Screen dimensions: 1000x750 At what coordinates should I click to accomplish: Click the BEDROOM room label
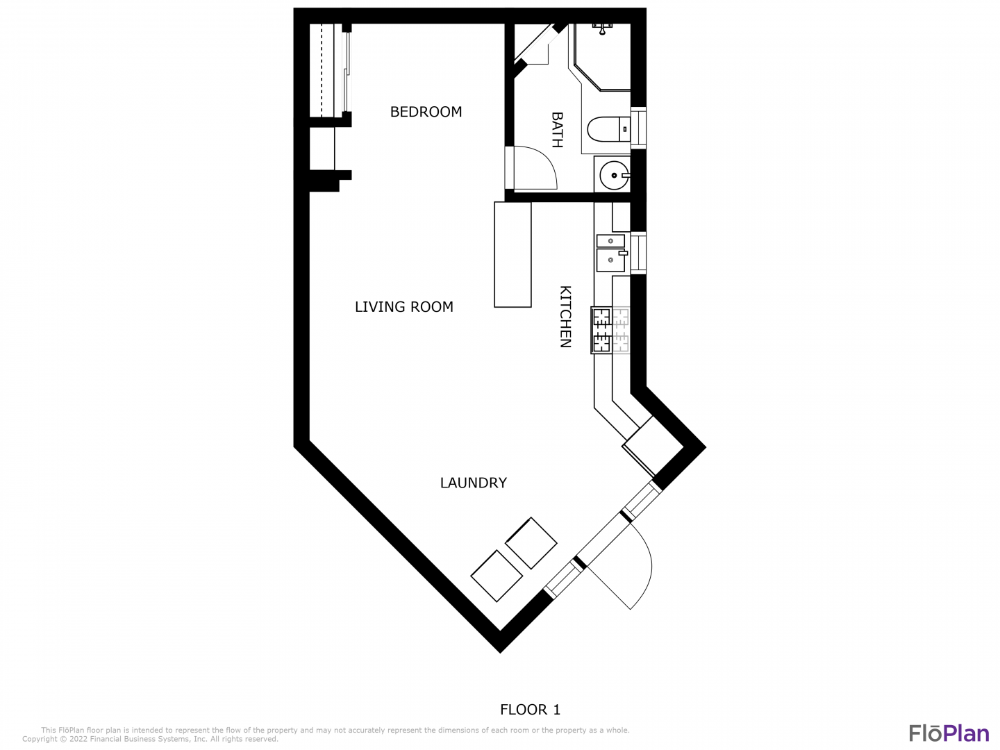[x=426, y=112]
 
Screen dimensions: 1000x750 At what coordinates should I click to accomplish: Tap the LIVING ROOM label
[x=404, y=307]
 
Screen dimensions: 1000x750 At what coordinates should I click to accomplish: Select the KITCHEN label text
[x=565, y=317]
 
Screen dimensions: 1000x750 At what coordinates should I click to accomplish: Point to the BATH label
[x=557, y=130]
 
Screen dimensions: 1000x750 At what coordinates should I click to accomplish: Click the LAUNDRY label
[x=474, y=483]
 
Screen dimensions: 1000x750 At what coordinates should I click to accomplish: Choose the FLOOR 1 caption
[x=531, y=710]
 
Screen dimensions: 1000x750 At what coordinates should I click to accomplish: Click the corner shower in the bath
[x=602, y=57]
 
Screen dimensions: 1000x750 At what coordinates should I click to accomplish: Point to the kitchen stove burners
[x=610, y=330]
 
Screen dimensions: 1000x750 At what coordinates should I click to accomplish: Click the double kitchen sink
[x=612, y=253]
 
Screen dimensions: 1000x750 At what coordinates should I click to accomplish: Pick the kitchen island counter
[x=512, y=255]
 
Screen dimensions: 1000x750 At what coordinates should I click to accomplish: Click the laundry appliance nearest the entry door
[x=531, y=543]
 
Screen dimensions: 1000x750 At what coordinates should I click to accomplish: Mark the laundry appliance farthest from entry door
[x=497, y=576]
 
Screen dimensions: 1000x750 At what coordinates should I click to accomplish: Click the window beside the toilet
[x=638, y=128]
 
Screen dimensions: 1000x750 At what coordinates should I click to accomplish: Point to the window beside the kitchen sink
[x=638, y=253]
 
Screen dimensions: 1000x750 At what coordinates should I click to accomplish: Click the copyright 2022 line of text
[x=150, y=739]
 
